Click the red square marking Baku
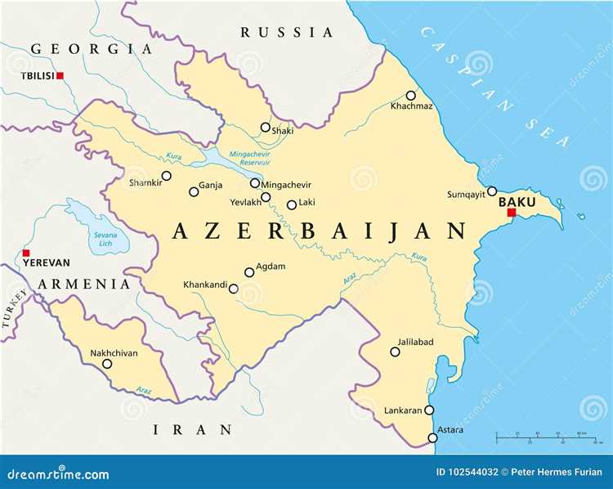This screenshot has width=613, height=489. pos(512,213)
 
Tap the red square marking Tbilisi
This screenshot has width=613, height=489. pos(60,76)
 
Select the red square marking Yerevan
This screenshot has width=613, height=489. pos(26,253)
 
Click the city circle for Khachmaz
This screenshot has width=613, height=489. pos(411,96)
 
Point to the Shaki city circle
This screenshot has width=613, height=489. pos(265,127)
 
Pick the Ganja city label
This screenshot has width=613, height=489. pos(212,186)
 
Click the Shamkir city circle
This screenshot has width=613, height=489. pos(167,175)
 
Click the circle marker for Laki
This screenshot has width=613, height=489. pos(291,204)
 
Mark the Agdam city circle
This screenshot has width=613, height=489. pos(249,272)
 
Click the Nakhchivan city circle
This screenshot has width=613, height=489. pos(107,364)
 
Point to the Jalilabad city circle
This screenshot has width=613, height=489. pos(395,352)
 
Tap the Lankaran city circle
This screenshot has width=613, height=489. pos(429,410)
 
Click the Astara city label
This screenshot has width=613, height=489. pos(450,429)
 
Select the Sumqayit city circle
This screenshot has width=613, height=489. pos(492,191)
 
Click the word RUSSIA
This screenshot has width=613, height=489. pos(287,33)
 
